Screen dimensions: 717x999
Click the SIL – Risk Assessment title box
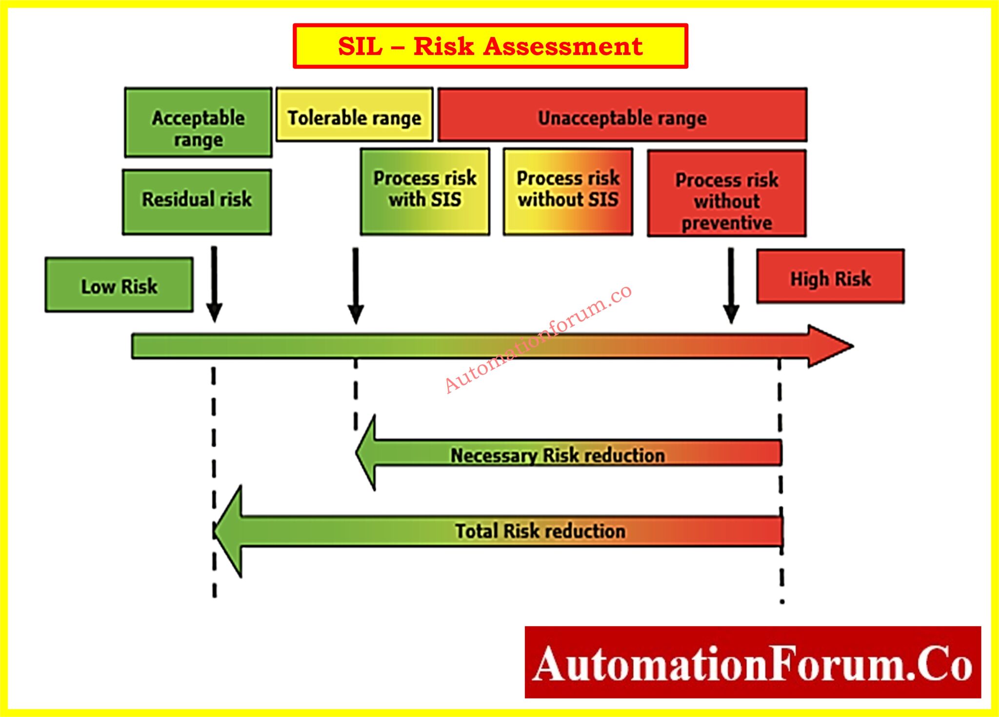click(490, 46)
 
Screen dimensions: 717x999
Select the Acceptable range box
click(198, 123)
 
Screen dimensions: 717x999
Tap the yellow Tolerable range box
click(354, 116)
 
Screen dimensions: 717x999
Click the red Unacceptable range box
click(622, 116)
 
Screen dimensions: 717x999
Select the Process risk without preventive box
click(726, 194)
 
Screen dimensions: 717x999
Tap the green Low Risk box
click(119, 285)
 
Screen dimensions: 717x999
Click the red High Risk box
click(830, 277)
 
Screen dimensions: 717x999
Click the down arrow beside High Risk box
click(731, 285)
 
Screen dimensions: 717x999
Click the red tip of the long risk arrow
click(829, 346)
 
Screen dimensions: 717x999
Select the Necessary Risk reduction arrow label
click(557, 455)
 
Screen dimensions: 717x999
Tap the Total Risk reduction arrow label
click(540, 531)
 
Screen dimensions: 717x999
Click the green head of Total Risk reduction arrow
click(229, 531)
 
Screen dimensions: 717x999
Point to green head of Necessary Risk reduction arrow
click(367, 453)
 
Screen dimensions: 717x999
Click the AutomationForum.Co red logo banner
click(752, 662)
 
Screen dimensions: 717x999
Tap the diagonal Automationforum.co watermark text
click(538, 339)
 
